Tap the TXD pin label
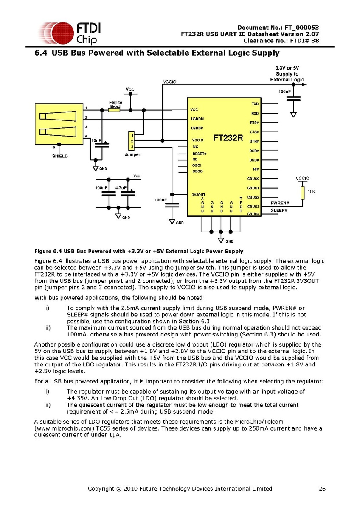click(x=255, y=104)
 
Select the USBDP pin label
click(x=197, y=128)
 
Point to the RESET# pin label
click(x=199, y=153)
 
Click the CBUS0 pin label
click(x=253, y=179)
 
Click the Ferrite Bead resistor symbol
click(x=114, y=109)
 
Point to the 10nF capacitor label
click(x=96, y=140)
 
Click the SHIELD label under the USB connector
click(x=59, y=156)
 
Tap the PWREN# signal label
click(x=279, y=203)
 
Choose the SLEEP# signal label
click(x=279, y=210)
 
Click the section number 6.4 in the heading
click(x=41, y=53)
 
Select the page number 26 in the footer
click(x=322, y=489)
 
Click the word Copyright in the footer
click(x=100, y=489)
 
